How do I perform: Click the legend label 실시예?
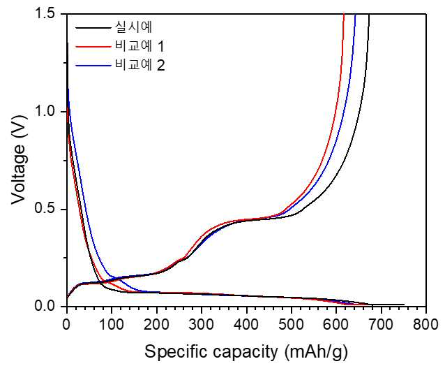[x=133, y=27]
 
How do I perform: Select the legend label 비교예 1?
[x=139, y=46]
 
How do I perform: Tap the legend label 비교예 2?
[x=139, y=66]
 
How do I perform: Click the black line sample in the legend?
[x=93, y=28]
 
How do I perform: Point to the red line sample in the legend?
[x=93, y=46]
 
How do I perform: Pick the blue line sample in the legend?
[x=93, y=66]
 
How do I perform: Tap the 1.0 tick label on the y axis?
[x=47, y=112]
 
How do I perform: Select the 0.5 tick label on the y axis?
[x=47, y=210]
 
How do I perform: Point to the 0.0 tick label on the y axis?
[x=47, y=307]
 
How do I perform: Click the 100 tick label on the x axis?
[x=112, y=324]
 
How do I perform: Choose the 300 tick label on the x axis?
[x=202, y=324]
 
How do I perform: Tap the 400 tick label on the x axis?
[x=246, y=324]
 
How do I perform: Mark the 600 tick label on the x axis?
[x=336, y=324]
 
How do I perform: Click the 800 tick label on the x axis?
[x=425, y=324]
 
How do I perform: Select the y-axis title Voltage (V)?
[x=19, y=159]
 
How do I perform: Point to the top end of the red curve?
[x=344, y=14]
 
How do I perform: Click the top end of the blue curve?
[x=355, y=14]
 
